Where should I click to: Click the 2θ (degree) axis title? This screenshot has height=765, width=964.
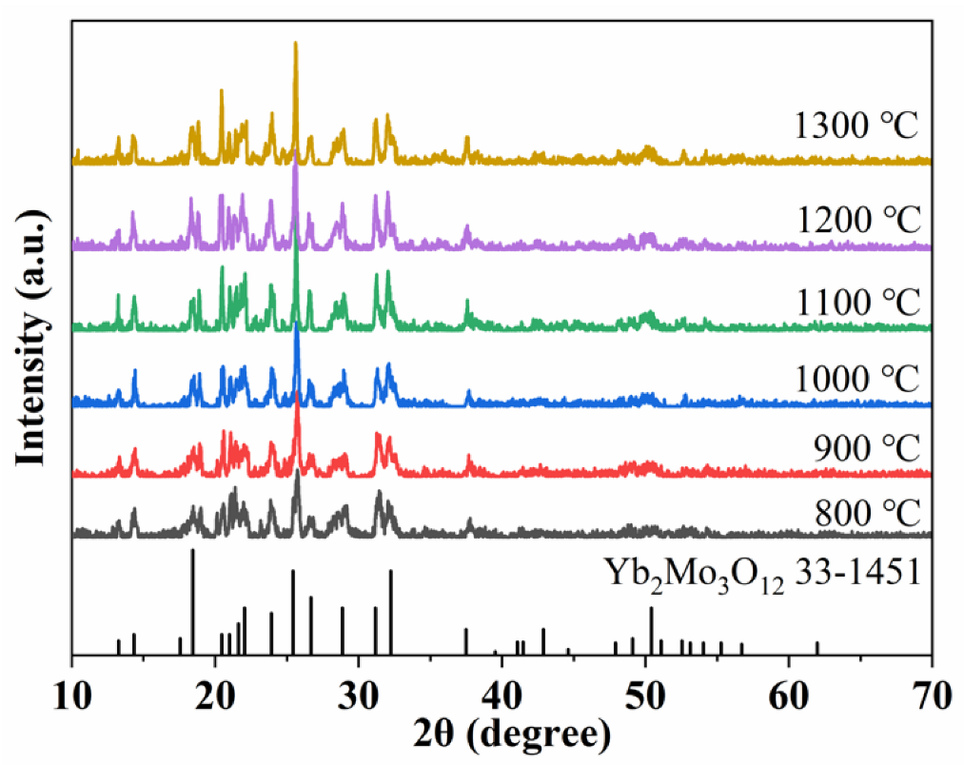(x=502, y=734)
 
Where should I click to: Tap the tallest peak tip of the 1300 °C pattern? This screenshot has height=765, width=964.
(x=296, y=43)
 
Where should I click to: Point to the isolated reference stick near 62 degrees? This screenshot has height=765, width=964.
(x=817, y=648)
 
